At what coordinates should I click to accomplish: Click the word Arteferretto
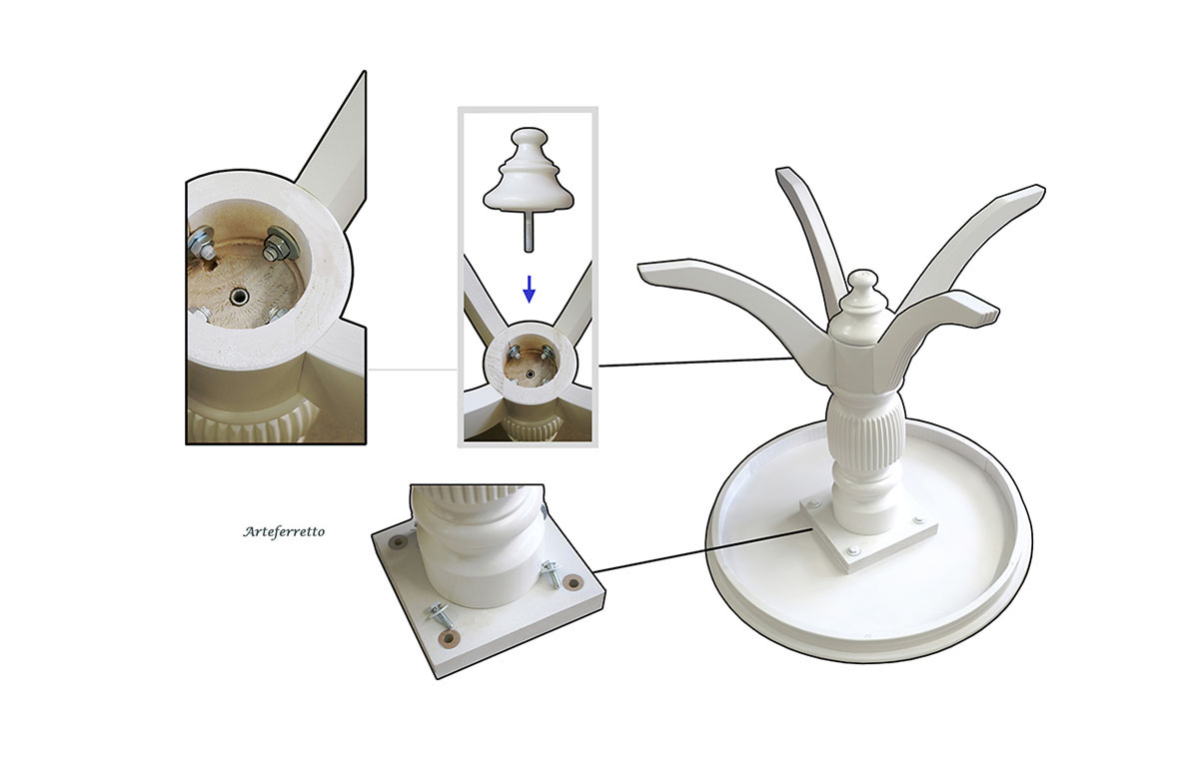tap(284, 532)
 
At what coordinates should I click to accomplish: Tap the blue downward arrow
tap(529, 290)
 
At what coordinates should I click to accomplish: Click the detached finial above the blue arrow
tap(529, 169)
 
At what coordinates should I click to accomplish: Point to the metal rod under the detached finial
tap(529, 231)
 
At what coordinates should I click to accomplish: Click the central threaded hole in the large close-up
tap(237, 296)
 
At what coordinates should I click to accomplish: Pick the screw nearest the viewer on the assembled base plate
tap(852, 549)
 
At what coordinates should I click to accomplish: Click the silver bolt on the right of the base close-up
tap(551, 573)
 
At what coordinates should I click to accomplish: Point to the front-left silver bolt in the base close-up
tap(441, 614)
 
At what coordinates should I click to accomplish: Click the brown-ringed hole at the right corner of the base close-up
tap(574, 581)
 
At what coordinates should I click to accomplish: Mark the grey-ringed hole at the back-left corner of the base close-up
tap(398, 543)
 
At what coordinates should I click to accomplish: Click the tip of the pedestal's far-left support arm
tap(640, 269)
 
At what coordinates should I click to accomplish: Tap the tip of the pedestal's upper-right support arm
tap(1041, 192)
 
